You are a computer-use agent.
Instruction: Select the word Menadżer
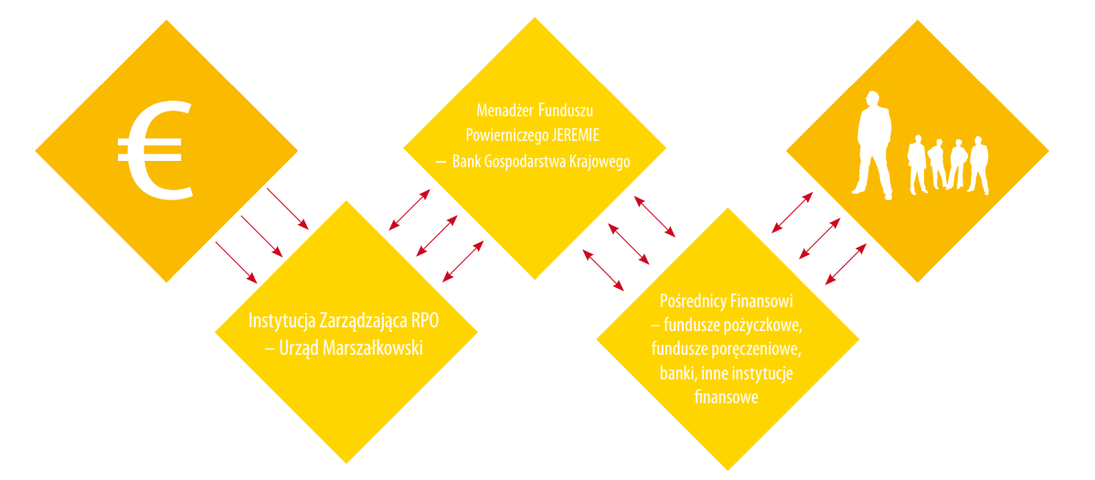505,110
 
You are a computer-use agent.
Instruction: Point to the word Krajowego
600,162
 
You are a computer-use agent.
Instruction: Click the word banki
676,373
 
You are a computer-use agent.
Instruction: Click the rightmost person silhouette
979,165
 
